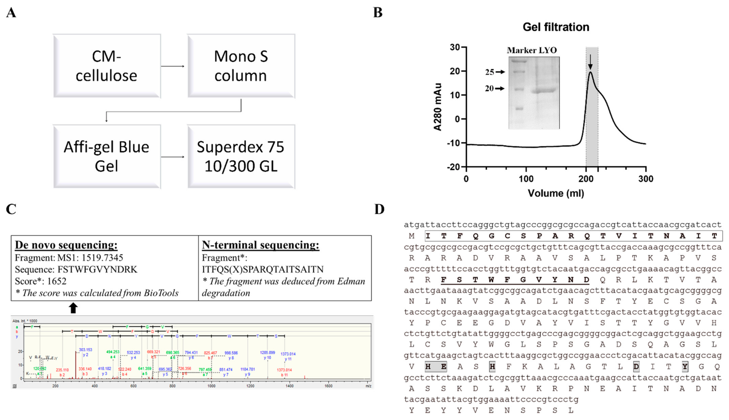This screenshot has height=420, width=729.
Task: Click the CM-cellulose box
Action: click(106, 66)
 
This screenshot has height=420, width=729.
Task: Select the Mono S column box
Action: click(241, 66)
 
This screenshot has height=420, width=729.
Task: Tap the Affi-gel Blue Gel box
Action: click(106, 156)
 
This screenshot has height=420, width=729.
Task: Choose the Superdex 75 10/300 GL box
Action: click(241, 156)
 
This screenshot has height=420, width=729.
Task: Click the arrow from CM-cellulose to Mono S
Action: click(173, 66)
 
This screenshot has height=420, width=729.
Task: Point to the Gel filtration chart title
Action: click(556, 27)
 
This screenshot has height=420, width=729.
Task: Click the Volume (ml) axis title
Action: click(556, 193)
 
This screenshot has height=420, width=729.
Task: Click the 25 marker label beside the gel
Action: click(490, 72)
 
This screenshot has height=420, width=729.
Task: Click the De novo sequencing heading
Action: click(66, 245)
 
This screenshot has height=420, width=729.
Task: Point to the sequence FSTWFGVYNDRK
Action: click(97, 269)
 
